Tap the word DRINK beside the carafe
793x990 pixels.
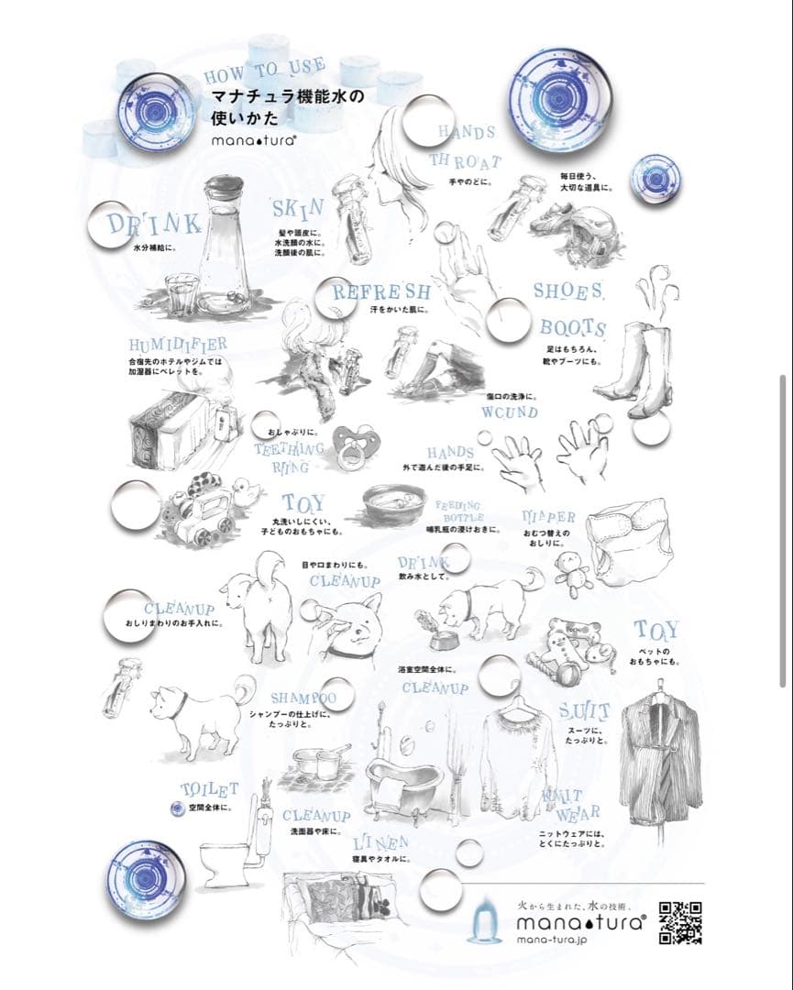(x=153, y=225)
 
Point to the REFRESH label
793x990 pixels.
(x=380, y=292)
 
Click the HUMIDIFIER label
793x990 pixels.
(x=178, y=345)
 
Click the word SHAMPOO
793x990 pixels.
(x=303, y=698)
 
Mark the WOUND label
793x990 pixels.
(x=510, y=412)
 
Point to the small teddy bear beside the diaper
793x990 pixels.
(x=572, y=573)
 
